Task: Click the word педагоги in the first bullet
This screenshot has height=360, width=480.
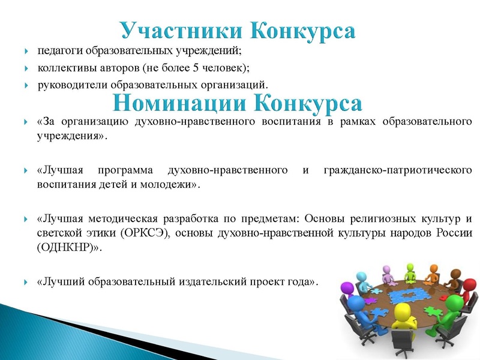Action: [57, 49]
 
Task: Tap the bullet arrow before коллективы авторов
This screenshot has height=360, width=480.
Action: [26, 67]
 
